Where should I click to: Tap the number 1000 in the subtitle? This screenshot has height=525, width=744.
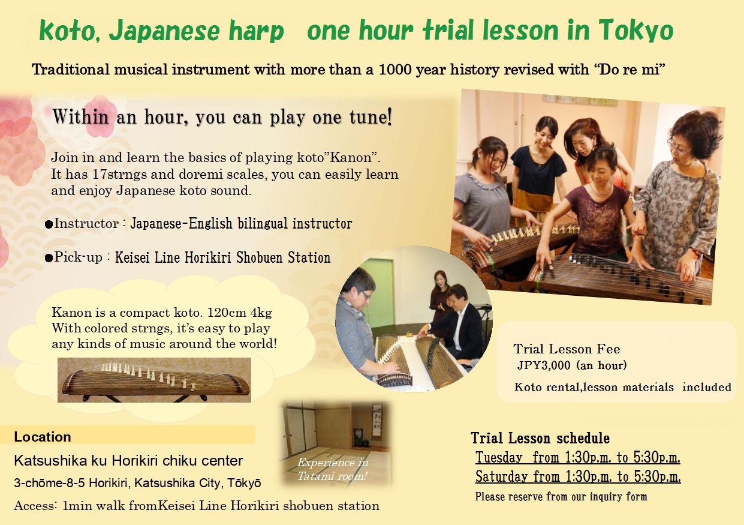tap(394, 70)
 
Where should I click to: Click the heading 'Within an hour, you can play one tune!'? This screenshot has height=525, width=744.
tap(222, 118)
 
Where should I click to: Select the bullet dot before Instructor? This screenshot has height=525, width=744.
tap(49, 225)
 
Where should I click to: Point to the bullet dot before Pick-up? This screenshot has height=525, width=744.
tap(49, 259)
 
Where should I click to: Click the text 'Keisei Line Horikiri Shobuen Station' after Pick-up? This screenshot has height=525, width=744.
tap(222, 257)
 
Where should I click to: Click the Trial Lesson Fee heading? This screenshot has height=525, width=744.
tap(567, 349)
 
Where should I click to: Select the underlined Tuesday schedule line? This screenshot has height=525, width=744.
tap(577, 458)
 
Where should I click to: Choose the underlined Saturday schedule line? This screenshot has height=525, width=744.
tap(578, 477)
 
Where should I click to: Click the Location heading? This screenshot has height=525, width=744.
tap(43, 437)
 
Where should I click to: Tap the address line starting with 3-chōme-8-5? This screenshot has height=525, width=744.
tap(137, 483)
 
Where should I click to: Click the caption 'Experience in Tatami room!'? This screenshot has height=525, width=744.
tap(333, 469)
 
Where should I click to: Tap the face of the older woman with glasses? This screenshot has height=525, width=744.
tap(684, 147)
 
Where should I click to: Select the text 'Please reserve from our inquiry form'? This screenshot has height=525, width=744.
tap(561, 497)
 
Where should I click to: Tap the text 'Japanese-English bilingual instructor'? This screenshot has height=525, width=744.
tap(241, 224)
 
